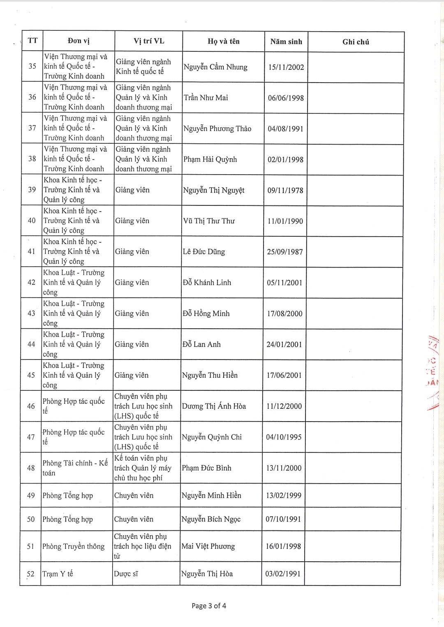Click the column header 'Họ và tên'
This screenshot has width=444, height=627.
[x=223, y=41]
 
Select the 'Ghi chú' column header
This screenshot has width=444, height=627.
[x=356, y=42]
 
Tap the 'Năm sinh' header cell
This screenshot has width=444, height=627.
[x=286, y=41]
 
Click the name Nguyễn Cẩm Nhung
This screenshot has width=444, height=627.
[x=215, y=67]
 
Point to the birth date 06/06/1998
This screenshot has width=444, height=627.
[x=286, y=98]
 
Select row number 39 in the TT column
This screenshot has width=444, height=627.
[x=32, y=189]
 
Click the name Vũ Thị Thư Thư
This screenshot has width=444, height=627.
[x=209, y=221]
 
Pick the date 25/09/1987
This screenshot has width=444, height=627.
[x=285, y=252]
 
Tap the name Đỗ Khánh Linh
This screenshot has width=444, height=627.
[x=207, y=283]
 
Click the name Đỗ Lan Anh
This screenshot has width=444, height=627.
[x=201, y=344]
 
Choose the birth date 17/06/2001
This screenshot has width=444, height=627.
[x=284, y=375]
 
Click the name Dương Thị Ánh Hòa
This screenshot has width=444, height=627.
[x=214, y=406]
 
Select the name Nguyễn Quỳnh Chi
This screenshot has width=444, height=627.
[x=212, y=437]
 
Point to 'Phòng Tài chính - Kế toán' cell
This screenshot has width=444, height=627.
[x=75, y=468]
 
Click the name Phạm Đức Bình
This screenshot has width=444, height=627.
[x=206, y=468]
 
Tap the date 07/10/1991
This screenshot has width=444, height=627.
[x=283, y=519]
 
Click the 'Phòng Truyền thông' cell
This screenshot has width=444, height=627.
[x=74, y=546]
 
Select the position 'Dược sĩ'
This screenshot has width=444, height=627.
[x=126, y=574]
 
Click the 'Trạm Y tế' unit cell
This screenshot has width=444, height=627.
[x=58, y=574]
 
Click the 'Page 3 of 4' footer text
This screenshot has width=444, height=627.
[x=209, y=606]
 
